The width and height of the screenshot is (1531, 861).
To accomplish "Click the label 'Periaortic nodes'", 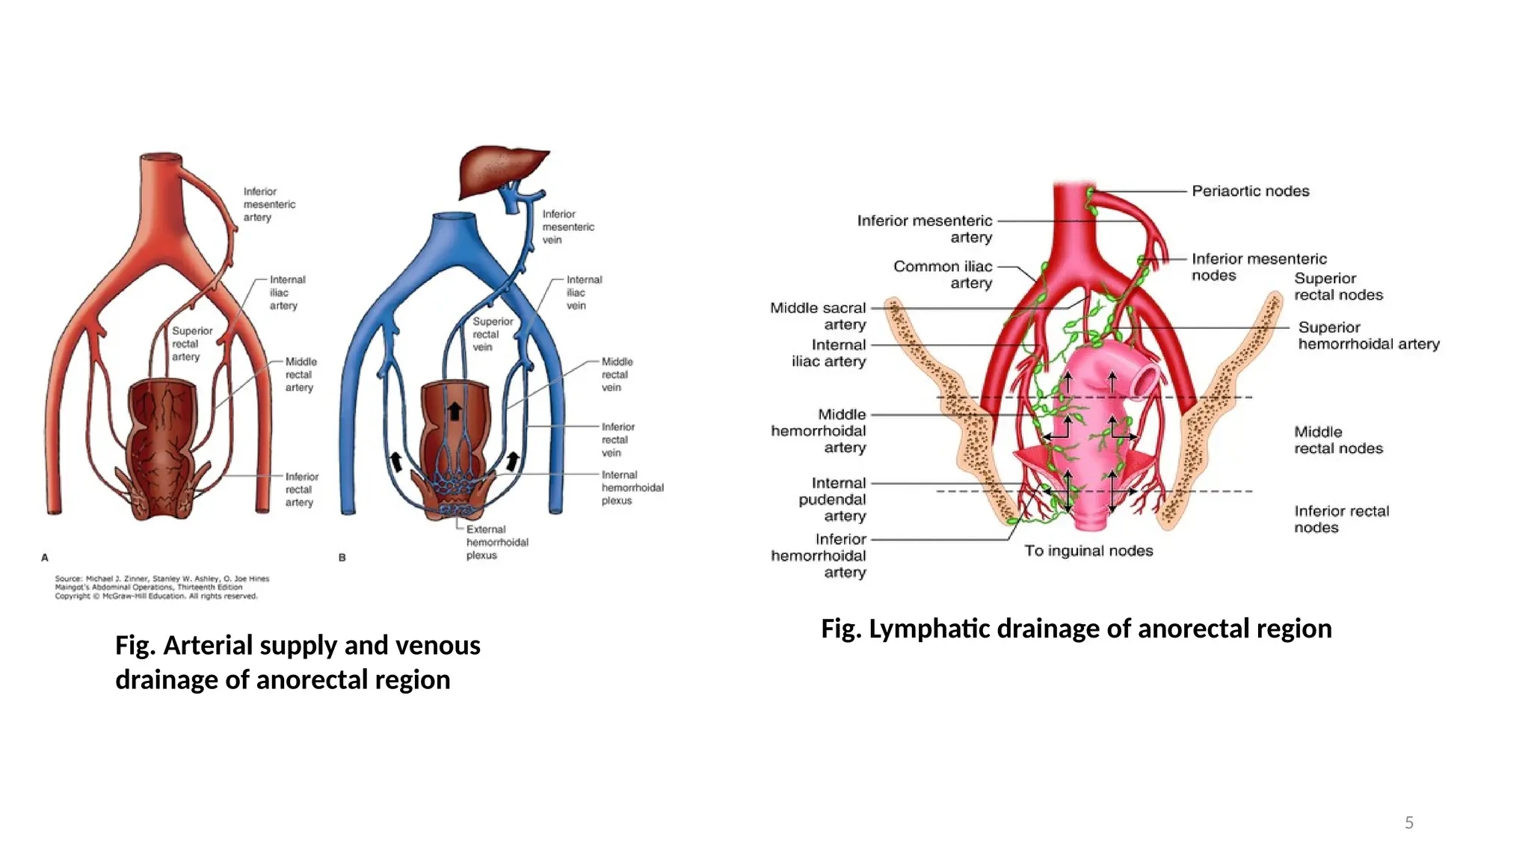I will pyautogui.click(x=1250, y=191).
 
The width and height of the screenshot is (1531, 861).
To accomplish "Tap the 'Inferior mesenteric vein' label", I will pyautogui.click(x=567, y=226).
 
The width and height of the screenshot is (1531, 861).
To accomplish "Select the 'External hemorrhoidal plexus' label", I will pyautogui.click(x=496, y=543).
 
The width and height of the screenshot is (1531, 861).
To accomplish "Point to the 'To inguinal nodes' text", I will pyautogui.click(x=1088, y=551).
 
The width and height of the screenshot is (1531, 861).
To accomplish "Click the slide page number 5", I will pyautogui.click(x=1408, y=823).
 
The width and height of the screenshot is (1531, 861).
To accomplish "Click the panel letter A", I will pyautogui.click(x=45, y=558).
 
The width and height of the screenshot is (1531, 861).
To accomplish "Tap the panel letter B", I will pyautogui.click(x=342, y=558).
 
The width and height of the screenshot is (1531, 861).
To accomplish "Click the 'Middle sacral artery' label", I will pyautogui.click(x=819, y=316).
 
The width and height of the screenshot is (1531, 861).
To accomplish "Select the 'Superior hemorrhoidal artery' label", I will pyautogui.click(x=1367, y=336).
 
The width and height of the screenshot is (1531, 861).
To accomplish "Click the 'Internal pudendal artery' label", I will pyautogui.click(x=833, y=499).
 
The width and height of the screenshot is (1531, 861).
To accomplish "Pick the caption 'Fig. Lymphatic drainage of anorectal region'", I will pyautogui.click(x=1076, y=629).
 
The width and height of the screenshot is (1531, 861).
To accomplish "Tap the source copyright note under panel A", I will pyautogui.click(x=161, y=587).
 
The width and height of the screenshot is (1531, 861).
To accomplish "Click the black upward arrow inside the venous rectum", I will pyautogui.click(x=454, y=410).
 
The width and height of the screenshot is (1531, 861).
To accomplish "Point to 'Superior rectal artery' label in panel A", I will pyautogui.click(x=191, y=344).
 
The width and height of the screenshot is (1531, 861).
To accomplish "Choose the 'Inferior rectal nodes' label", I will pyautogui.click(x=1340, y=519).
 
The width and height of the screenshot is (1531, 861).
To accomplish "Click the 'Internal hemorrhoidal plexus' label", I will pyautogui.click(x=632, y=487).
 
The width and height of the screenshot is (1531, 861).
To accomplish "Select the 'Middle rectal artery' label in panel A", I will pyautogui.click(x=301, y=374).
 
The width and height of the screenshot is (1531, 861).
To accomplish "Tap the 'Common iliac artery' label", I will pyautogui.click(x=943, y=274).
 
